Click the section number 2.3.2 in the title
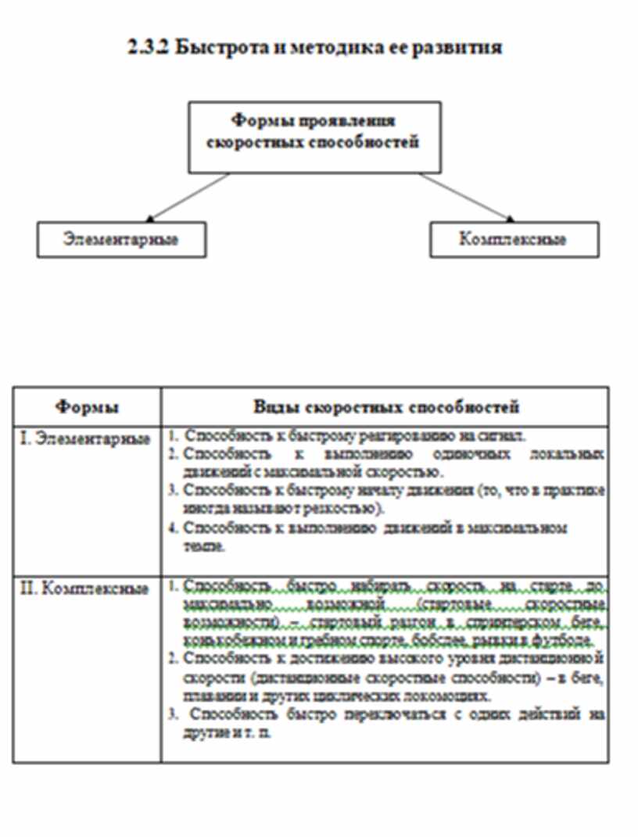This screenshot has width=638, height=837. click(149, 48)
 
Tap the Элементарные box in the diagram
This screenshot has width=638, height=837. click(121, 239)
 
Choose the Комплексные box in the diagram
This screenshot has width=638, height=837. click(513, 239)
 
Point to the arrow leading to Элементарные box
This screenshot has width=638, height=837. click(188, 197)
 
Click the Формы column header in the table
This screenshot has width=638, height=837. click(87, 407)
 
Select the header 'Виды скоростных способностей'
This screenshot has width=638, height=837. click(385, 407)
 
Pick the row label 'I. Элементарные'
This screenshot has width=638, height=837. click(84, 438)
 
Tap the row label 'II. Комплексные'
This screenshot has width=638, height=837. click(84, 588)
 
